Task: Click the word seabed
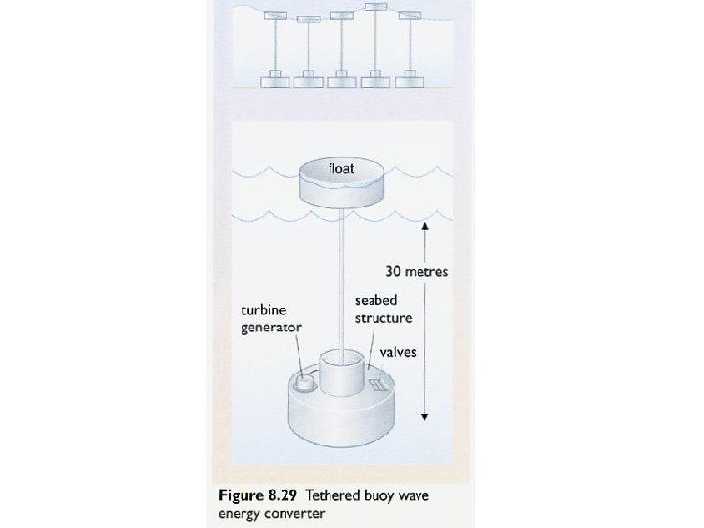pyautogui.click(x=375, y=302)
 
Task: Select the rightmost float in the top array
pyautogui.click(x=410, y=15)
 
